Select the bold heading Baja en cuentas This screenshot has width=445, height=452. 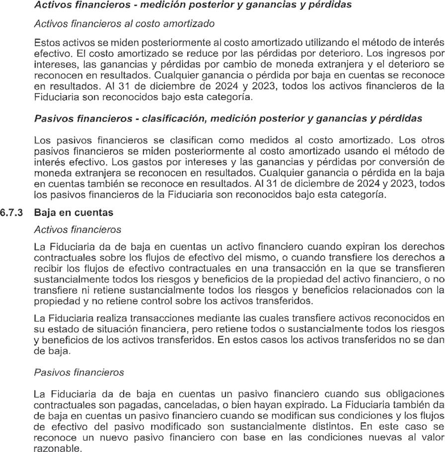click(x=74, y=212)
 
